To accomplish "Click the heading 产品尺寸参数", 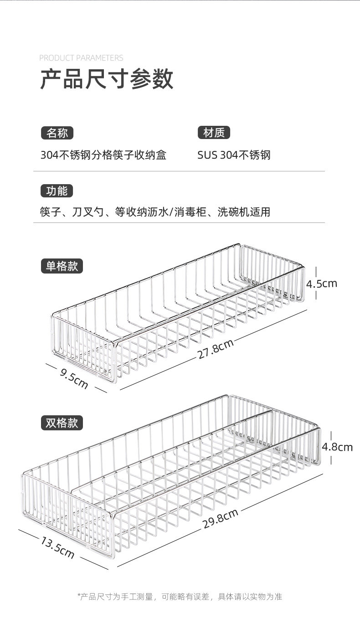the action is [x=107, y=79].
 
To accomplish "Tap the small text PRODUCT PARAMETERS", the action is [x=81, y=58].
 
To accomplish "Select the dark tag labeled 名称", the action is [x=57, y=133].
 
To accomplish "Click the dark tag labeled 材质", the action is [x=214, y=133].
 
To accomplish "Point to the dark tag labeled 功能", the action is [x=57, y=191].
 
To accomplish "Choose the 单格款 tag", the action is [x=62, y=266].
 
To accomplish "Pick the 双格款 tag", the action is [x=62, y=423].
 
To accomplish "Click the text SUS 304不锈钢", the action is [x=234, y=155].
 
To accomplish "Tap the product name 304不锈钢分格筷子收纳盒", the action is [x=103, y=155].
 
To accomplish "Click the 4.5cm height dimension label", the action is [x=321, y=284].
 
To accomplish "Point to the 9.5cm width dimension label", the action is [x=74, y=377].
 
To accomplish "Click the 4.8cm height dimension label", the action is [x=337, y=447].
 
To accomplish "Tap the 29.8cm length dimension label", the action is [x=221, y=518].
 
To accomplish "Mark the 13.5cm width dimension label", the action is [x=57, y=547].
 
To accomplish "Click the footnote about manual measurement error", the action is [x=180, y=596].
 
